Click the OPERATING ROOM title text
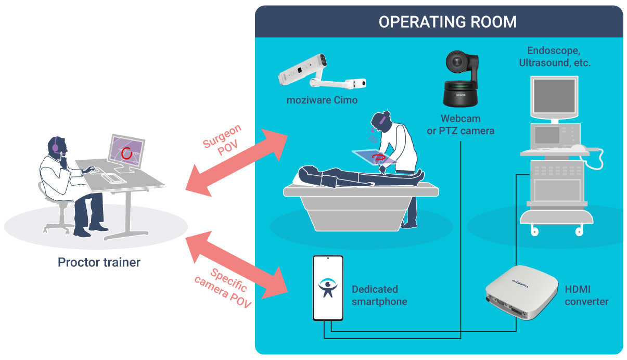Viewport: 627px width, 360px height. click(447, 22)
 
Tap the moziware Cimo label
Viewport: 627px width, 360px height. click(322, 100)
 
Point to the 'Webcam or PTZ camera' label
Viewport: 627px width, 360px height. click(460, 125)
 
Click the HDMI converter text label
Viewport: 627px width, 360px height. click(586, 295)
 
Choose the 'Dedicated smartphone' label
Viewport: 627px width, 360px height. click(379, 295)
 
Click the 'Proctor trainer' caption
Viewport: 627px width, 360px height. click(99, 262)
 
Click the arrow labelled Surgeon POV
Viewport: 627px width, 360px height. click(237, 161)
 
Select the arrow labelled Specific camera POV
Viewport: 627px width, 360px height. click(237, 267)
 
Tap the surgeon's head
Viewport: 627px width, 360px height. click(379, 121)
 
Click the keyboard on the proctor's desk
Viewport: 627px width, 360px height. click(110, 177)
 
